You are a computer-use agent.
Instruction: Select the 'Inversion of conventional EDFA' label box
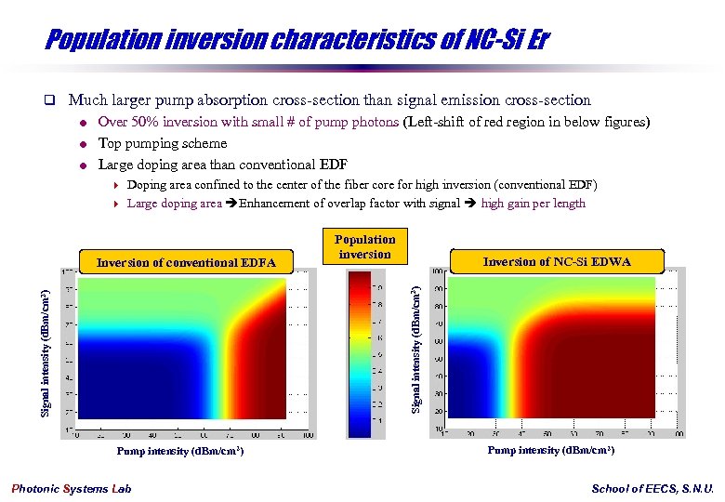(187, 262)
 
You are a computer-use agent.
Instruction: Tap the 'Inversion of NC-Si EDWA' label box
(557, 261)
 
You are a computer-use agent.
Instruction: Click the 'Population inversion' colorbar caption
(365, 246)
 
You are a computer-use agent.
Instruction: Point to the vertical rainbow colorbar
(358, 353)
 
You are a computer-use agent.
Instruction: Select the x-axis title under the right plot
(551, 450)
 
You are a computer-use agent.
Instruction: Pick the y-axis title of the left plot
(45, 351)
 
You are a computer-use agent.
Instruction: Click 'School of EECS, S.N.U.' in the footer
(652, 489)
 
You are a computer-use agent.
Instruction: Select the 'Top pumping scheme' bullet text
(162, 143)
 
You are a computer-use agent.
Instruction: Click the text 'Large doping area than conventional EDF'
(222, 165)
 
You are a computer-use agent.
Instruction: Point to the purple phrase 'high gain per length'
(533, 204)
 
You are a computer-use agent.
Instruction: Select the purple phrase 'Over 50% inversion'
(153, 122)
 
